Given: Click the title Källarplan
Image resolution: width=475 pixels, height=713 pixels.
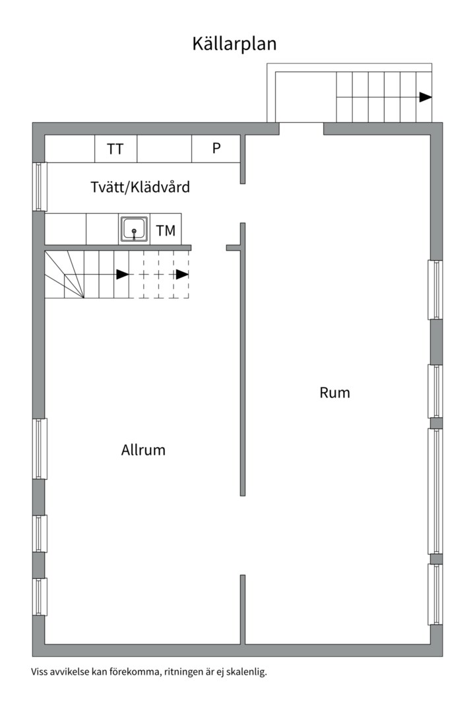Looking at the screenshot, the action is [x=234, y=44].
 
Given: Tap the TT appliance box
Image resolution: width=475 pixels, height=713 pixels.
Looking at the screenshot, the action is [x=115, y=149].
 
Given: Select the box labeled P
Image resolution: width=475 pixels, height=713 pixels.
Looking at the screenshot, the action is [x=216, y=149].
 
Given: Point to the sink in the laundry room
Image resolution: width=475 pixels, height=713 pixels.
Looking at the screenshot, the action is [x=134, y=228].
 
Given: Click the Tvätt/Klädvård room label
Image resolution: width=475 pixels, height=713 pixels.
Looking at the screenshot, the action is [x=140, y=187].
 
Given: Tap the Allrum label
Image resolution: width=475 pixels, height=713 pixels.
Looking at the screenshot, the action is [x=143, y=450].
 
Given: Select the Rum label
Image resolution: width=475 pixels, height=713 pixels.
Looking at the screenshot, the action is [x=335, y=392].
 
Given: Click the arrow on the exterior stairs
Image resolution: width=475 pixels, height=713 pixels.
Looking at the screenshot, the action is [x=426, y=97].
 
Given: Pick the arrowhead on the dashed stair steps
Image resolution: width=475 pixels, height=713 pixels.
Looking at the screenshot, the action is [x=182, y=274].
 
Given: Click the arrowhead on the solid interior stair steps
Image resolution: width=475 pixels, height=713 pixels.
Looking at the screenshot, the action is [x=123, y=274].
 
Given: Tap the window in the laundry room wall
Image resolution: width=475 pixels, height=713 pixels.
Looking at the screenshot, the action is [x=40, y=186].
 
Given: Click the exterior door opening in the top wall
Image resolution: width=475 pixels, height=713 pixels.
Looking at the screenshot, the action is [x=301, y=129].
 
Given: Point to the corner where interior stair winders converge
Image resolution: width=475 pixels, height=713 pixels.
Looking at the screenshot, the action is [x=84, y=298].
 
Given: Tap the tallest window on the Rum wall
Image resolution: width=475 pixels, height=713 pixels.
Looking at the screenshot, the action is [x=435, y=491].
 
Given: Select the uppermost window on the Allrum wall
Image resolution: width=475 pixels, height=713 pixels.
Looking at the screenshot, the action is [x=40, y=448].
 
